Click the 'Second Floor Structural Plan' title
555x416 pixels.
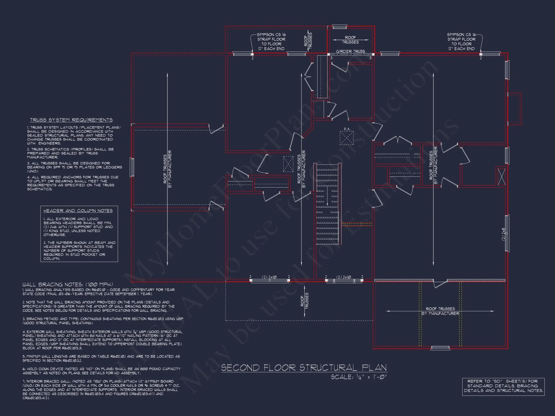[304, 368]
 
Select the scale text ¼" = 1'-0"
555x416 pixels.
[359, 377]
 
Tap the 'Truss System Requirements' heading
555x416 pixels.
[71, 120]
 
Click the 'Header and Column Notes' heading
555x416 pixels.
[78, 211]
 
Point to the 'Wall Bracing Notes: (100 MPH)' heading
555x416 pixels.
[68, 285]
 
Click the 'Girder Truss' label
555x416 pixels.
[350, 51]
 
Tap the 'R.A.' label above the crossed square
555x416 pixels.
[347, 129]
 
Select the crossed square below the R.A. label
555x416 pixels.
[347, 138]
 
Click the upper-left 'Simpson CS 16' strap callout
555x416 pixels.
[271, 41]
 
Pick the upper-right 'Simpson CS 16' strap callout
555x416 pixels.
[461, 41]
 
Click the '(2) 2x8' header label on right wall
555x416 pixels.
[503, 234]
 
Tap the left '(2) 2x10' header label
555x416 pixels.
[269, 277]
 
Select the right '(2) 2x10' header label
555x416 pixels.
[344, 277]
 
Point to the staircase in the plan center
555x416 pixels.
[327, 204]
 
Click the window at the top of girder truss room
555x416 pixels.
[340, 27]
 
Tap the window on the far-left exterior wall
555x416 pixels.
[132, 167]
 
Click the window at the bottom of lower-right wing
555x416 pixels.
[440, 348]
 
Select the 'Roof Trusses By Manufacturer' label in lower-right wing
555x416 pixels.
[440, 311]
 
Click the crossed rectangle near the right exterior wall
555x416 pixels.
[501, 176]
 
